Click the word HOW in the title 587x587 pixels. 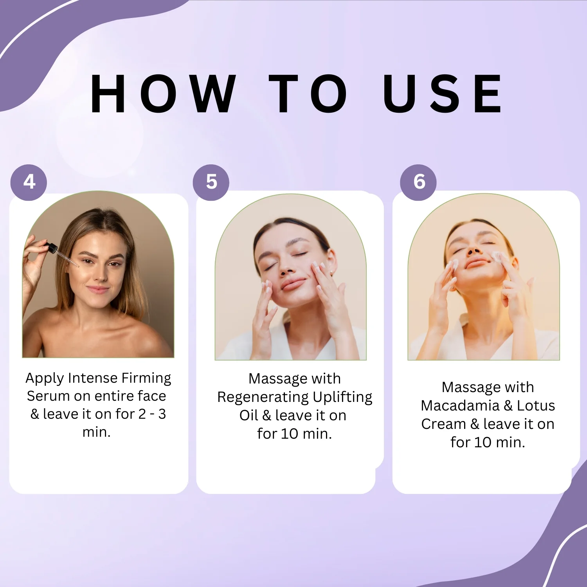163,94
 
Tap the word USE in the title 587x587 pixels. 443,94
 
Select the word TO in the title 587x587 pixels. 308,94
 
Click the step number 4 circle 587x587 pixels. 29,182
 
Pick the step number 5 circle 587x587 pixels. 211,182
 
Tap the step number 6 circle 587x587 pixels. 418,182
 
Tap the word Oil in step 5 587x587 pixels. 249,415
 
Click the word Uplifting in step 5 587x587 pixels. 342,398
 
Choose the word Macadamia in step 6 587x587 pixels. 460,406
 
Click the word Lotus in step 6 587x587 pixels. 536,406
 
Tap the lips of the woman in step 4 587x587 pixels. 97,290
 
